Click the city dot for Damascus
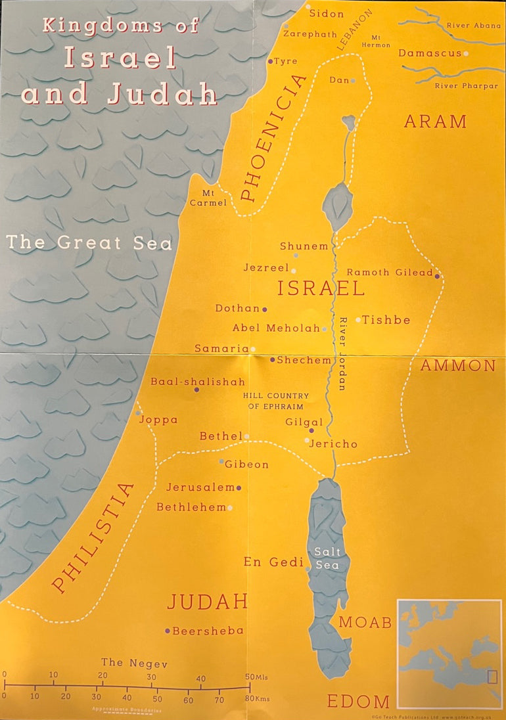(x=466, y=53)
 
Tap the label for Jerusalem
(x=200, y=487)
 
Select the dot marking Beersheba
(x=168, y=631)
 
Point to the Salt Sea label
(x=327, y=558)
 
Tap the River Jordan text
(x=342, y=354)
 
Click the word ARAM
(x=435, y=122)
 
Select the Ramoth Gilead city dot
(x=437, y=276)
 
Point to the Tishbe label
(x=386, y=320)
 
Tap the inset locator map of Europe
(x=449, y=644)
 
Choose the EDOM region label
(x=358, y=701)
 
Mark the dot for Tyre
(x=270, y=61)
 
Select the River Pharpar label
(x=467, y=86)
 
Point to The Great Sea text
(x=89, y=242)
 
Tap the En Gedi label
(x=273, y=562)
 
